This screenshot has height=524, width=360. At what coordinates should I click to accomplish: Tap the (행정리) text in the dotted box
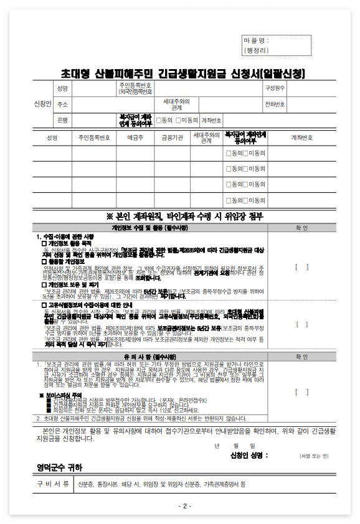click(257, 50)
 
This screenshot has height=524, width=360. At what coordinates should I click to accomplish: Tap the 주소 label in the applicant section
click(62, 104)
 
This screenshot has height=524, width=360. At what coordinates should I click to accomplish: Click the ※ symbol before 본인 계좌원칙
click(111, 217)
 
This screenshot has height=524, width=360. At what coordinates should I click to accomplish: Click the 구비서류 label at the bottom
click(52, 484)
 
